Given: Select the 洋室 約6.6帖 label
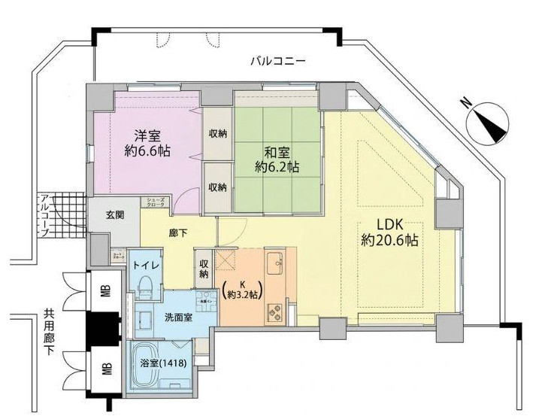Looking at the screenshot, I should tap(147, 142).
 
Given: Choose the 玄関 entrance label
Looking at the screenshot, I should tap(105, 215).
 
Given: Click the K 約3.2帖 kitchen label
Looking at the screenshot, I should tap(243, 290).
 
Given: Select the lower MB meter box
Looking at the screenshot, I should tap(105, 368).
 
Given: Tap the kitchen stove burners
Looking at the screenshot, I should tap(273, 310).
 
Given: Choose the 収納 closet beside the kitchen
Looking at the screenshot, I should tap(204, 269).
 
